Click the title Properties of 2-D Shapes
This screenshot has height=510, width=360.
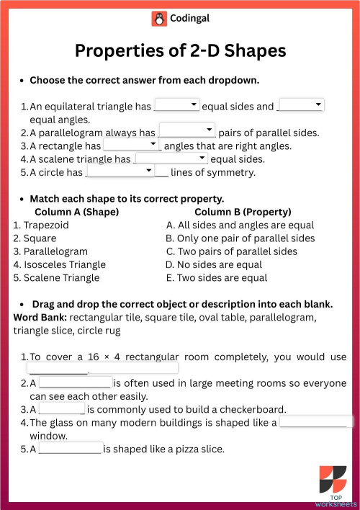[x=180, y=51]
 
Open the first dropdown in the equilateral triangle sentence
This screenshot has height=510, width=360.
[x=177, y=106]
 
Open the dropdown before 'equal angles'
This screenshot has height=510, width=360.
[x=301, y=106]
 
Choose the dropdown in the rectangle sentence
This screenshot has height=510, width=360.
[x=131, y=145]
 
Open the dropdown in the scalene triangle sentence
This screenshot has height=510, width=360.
[x=171, y=158]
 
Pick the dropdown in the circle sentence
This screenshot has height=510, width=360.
[x=120, y=171]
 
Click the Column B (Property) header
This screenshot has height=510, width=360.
[x=243, y=212]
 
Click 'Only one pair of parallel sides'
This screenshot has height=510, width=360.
[x=245, y=238]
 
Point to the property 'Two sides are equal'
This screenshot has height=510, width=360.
[x=221, y=277]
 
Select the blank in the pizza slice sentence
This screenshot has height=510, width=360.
[x=70, y=449]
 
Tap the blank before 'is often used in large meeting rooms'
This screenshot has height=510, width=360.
[x=75, y=383]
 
